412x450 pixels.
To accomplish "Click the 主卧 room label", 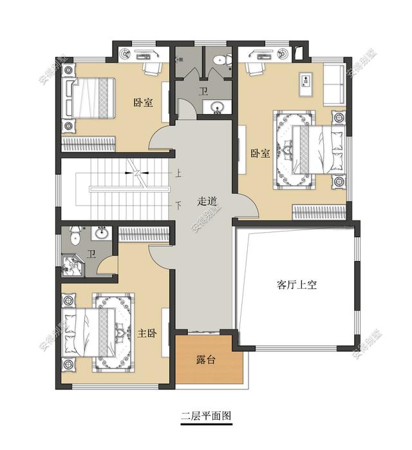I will [x=147, y=333].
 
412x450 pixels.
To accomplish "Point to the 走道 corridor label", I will [x=207, y=201].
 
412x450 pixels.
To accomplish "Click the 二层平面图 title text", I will [x=205, y=416].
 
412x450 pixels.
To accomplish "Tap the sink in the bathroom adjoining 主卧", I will [x=101, y=234].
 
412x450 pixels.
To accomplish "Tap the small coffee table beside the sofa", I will [x=306, y=83].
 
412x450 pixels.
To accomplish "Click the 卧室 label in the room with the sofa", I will [x=260, y=154].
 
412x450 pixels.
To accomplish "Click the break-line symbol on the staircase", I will [x=138, y=171].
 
